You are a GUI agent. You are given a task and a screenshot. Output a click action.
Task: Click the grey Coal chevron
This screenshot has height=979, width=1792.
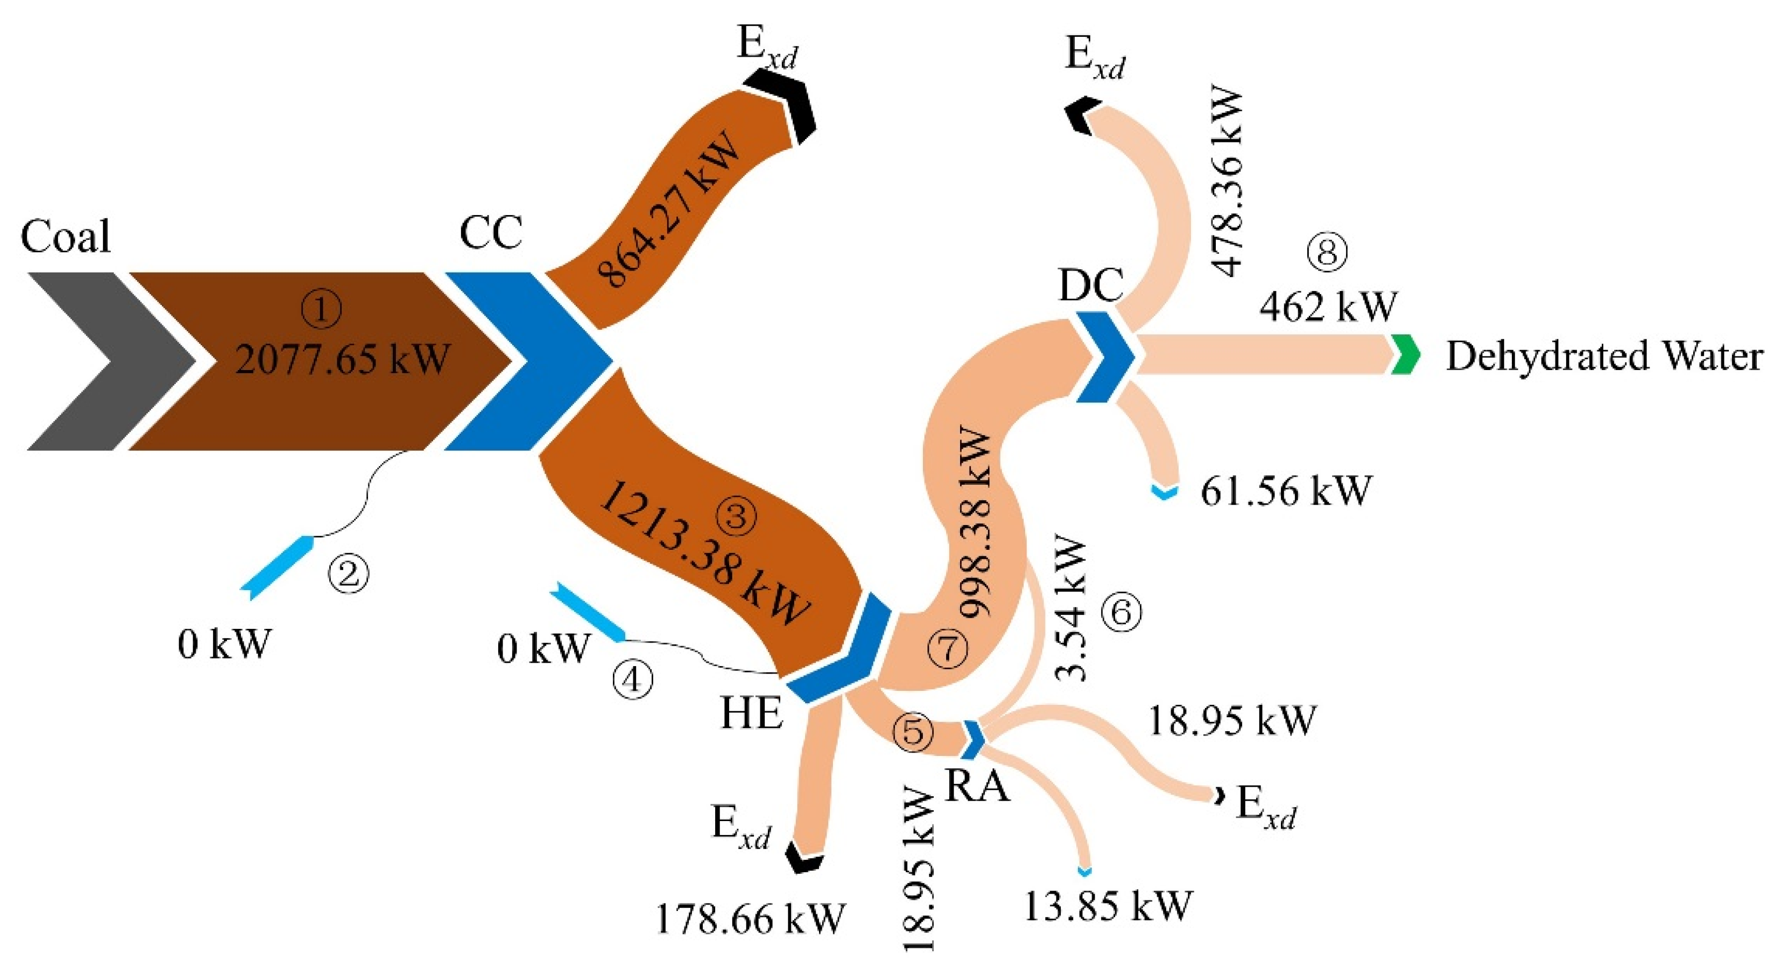coord(104,361)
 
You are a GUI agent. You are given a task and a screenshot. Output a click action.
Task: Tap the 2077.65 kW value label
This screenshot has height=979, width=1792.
coord(342,360)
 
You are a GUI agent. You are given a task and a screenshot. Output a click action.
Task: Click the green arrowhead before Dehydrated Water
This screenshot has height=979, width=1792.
coord(1405,355)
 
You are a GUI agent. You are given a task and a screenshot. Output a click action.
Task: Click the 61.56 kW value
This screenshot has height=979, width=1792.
coord(1285,491)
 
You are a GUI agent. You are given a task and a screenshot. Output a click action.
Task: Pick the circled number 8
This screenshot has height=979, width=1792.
coord(1327,252)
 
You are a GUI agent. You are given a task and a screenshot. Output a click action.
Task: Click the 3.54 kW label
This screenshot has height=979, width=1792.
coord(1071,609)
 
